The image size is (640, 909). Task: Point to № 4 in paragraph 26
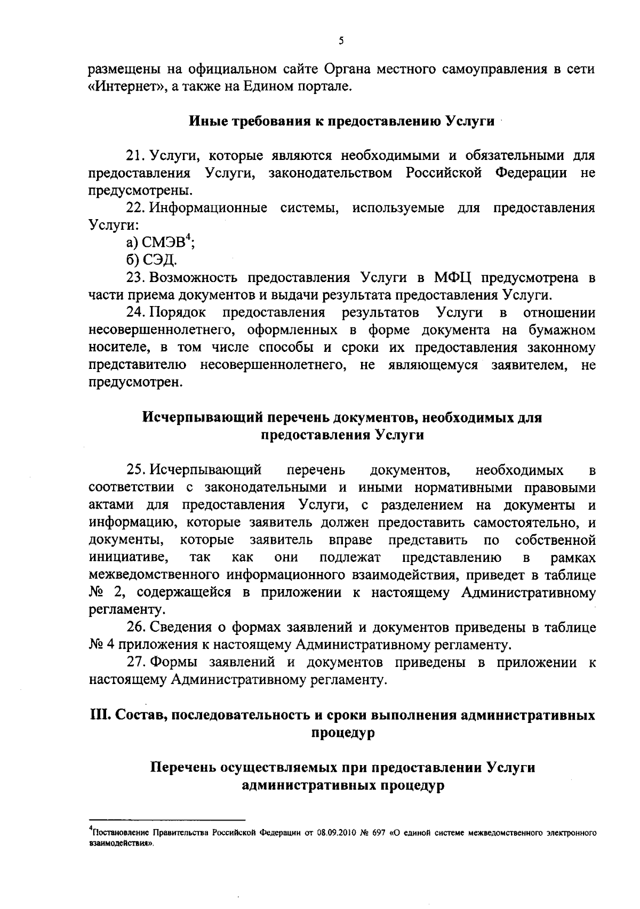point(102,645)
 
